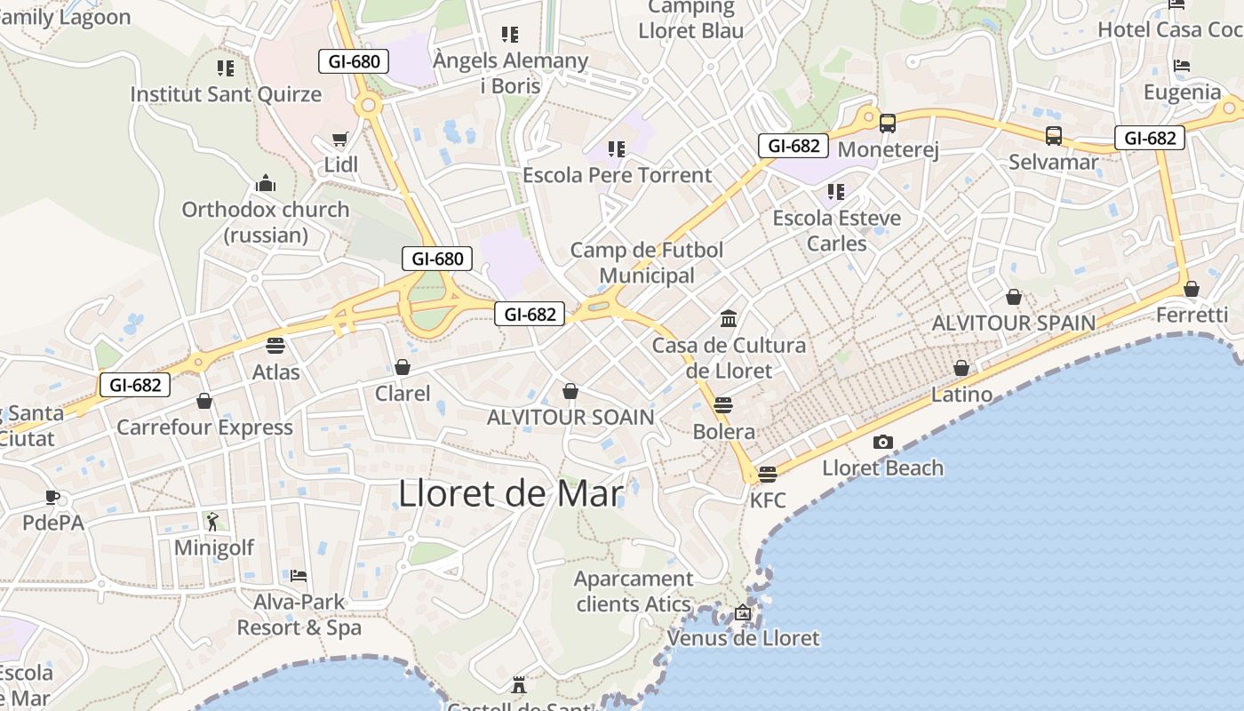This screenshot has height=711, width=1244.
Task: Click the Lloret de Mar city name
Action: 511,493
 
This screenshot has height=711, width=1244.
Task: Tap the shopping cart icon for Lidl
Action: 339,139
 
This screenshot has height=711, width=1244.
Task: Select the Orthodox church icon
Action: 265,184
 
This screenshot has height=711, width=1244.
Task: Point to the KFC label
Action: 768,500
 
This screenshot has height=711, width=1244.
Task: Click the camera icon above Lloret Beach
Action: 882,442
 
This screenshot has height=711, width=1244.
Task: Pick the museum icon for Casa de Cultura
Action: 729,319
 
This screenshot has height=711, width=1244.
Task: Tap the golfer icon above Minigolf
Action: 212,522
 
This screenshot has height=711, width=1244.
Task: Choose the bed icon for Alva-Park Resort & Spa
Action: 299,576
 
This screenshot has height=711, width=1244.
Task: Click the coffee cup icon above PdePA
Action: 52,497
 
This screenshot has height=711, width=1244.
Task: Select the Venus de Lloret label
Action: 743,638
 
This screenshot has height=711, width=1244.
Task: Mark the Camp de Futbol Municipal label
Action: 647,262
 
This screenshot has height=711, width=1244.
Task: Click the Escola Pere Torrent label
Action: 618,175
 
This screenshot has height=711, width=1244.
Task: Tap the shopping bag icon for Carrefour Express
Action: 204,402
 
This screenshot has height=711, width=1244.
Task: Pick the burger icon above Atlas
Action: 275,345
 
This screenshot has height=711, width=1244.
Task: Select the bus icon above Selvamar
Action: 1053,136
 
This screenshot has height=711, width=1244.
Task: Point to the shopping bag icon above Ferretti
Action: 1192,289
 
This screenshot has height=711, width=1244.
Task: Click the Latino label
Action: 961,394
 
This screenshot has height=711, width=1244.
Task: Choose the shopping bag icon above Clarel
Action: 403,367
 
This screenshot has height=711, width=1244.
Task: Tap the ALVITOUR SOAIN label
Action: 570,417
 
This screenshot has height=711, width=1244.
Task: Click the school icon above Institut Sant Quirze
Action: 226,68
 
